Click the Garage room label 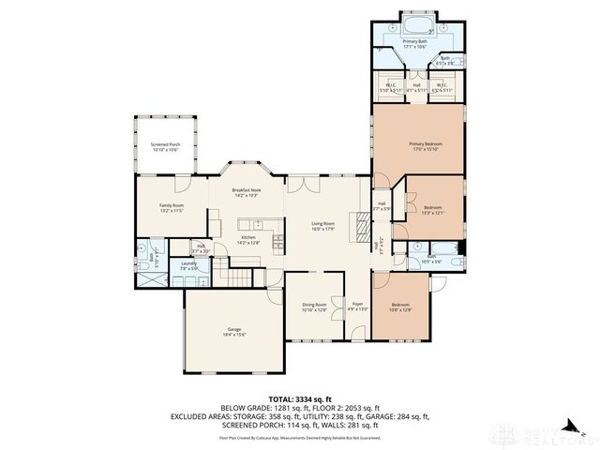click(x=234, y=332)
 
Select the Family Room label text click(x=172, y=208)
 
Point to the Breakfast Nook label click(x=247, y=192)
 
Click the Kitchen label click(x=248, y=239)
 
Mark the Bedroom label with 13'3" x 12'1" click(x=432, y=210)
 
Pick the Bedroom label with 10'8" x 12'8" click(x=400, y=307)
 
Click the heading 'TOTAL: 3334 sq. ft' click(x=299, y=399)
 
